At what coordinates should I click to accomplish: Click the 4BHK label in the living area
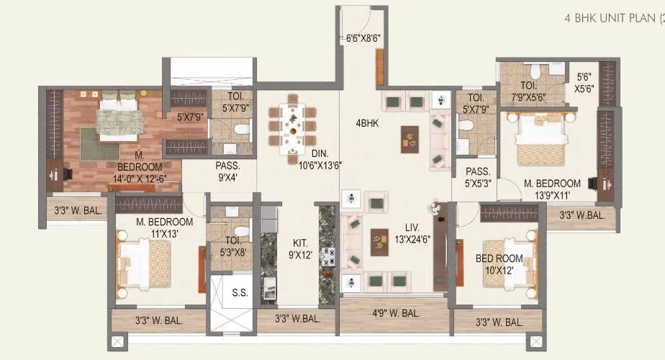[x=366, y=123]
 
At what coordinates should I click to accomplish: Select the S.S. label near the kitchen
[x=230, y=293]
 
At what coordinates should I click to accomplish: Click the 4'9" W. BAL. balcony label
[x=396, y=313]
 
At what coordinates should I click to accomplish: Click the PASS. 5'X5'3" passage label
[x=477, y=178]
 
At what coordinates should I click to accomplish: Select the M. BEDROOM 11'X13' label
[x=164, y=228]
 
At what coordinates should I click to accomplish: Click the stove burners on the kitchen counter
[x=328, y=256]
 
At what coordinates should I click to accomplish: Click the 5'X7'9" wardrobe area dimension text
[x=191, y=115]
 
